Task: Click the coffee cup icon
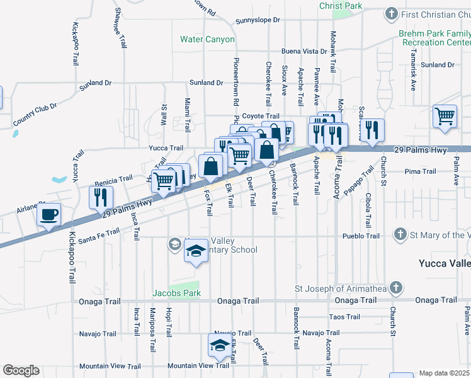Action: coord(48,214)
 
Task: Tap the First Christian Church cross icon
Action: coord(391,14)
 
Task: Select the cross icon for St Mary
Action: coord(399,235)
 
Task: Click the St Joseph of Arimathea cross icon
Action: coord(395,289)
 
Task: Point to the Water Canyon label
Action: coord(207,39)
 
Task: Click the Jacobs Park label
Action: coord(176,293)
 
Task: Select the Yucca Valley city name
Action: coord(445,263)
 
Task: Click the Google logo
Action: coord(21,370)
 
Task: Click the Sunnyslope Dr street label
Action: coord(257,21)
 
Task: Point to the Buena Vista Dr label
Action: coord(304,52)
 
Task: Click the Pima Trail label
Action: coord(421,171)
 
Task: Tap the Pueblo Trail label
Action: coord(361,236)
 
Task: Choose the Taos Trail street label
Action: coord(344,317)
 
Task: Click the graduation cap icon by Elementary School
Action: coord(196,252)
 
